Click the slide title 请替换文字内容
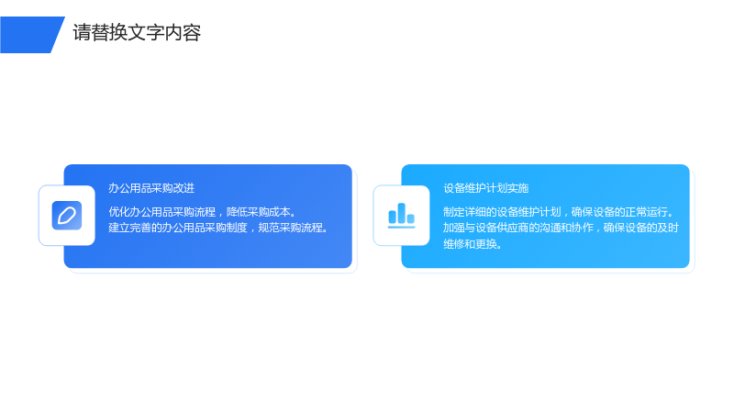click(x=137, y=33)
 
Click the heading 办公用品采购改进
click(x=151, y=188)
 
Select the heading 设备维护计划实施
click(x=486, y=188)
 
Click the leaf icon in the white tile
click(x=67, y=216)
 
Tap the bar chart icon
click(x=401, y=216)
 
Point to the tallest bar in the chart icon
click(x=401, y=213)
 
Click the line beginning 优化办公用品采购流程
click(x=203, y=212)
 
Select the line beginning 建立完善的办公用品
click(x=218, y=228)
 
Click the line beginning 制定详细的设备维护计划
click(x=560, y=212)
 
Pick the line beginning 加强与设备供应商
click(x=561, y=228)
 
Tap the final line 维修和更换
click(x=473, y=244)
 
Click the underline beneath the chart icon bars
click(x=401, y=227)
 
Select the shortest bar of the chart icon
click(x=410, y=218)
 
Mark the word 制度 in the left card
click(x=237, y=228)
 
